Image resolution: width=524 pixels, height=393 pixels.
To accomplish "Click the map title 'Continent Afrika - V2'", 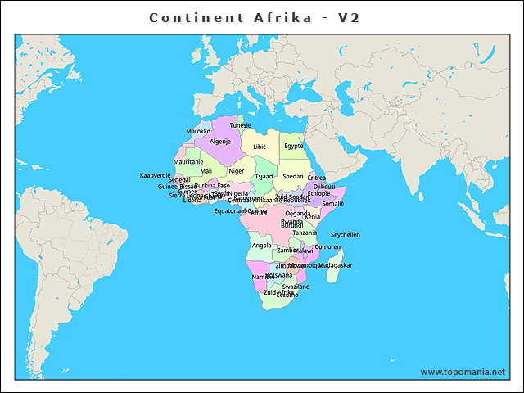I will pyautogui.click(x=255, y=17).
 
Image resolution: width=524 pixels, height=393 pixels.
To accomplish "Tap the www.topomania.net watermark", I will pyautogui.click(x=463, y=372).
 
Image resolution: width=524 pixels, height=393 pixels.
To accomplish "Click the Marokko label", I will pyautogui.click(x=198, y=131).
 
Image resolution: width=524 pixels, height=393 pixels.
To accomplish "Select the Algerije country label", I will pyautogui.click(x=220, y=141).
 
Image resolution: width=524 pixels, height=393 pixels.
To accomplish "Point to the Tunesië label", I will pyautogui.click(x=241, y=125).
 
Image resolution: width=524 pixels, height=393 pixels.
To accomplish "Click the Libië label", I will pyautogui.click(x=260, y=147).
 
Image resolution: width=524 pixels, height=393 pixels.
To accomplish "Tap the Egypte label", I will pyautogui.click(x=293, y=146).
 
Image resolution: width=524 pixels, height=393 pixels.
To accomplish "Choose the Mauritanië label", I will pyautogui.click(x=188, y=161).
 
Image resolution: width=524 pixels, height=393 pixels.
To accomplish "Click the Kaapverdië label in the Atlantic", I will pyautogui.click(x=155, y=175).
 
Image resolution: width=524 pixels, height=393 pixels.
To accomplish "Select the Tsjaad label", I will pyautogui.click(x=264, y=176).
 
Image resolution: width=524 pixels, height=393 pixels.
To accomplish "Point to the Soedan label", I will pyautogui.click(x=292, y=176).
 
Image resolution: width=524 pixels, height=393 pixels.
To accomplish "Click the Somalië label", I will pyautogui.click(x=333, y=203).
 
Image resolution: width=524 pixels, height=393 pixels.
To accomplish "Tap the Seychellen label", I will pyautogui.click(x=345, y=234).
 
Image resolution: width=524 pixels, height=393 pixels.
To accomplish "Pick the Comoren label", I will pyautogui.click(x=327, y=246).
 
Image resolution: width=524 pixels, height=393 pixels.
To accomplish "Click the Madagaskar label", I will pyautogui.click(x=335, y=265).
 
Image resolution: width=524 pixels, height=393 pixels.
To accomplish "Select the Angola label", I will pyautogui.click(x=261, y=245).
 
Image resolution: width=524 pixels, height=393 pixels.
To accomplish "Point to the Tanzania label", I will pyautogui.click(x=305, y=233).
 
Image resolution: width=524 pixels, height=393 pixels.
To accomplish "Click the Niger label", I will pyautogui.click(x=236, y=171).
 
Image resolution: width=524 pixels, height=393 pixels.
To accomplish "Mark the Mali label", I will pyautogui.click(x=206, y=171).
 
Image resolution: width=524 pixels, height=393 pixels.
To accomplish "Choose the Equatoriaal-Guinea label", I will pyautogui.click(x=241, y=210).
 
